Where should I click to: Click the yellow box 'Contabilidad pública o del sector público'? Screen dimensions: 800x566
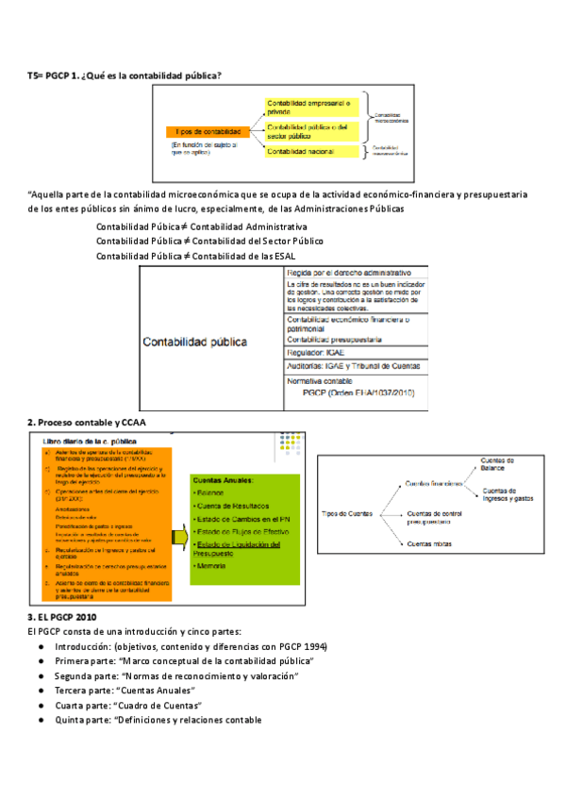[308, 130]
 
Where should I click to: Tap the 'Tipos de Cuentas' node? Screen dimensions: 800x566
[348, 513]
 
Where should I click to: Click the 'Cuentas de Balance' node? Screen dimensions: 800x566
[498, 463]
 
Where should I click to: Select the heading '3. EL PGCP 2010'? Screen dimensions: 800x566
[63, 616]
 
